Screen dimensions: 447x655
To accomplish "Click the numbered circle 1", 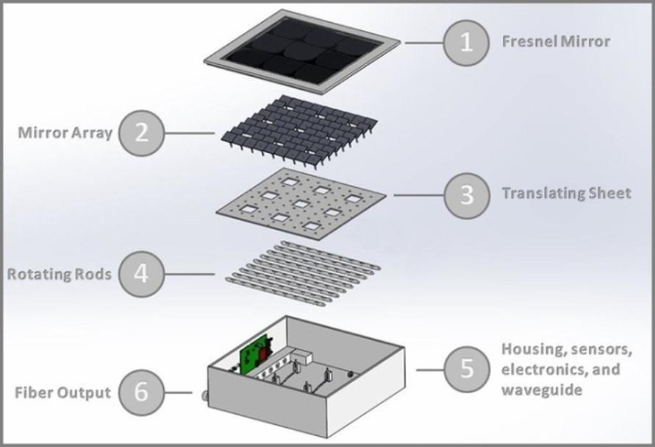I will [466, 43].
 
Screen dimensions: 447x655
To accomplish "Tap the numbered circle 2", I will [142, 133].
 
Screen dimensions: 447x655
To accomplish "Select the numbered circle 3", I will [466, 195].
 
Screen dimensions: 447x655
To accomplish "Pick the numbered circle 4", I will [142, 274].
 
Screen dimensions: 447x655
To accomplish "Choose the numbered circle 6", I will [142, 392].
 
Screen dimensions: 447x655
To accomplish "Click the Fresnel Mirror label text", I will [556, 41].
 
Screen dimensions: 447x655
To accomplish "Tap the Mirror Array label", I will [65, 133].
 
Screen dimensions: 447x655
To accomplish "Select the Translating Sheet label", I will [566, 194].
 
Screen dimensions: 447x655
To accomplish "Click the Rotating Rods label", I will [60, 275].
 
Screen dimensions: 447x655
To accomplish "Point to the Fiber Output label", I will [62, 393].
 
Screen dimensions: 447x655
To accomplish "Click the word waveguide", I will [541, 389].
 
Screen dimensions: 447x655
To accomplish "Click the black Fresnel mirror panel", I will [301, 50].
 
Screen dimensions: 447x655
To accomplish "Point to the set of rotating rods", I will [301, 272].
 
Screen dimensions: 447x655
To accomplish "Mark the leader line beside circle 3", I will [418, 195].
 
